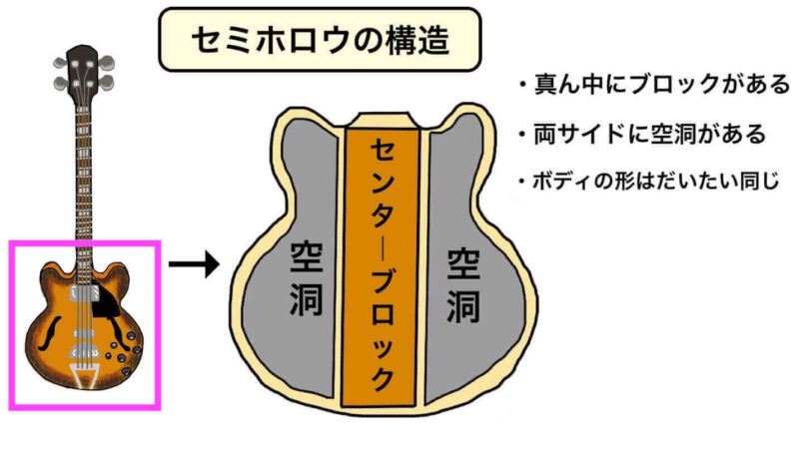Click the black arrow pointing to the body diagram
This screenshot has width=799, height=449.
coord(194,265)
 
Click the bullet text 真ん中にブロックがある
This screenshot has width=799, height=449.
coord(654,84)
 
